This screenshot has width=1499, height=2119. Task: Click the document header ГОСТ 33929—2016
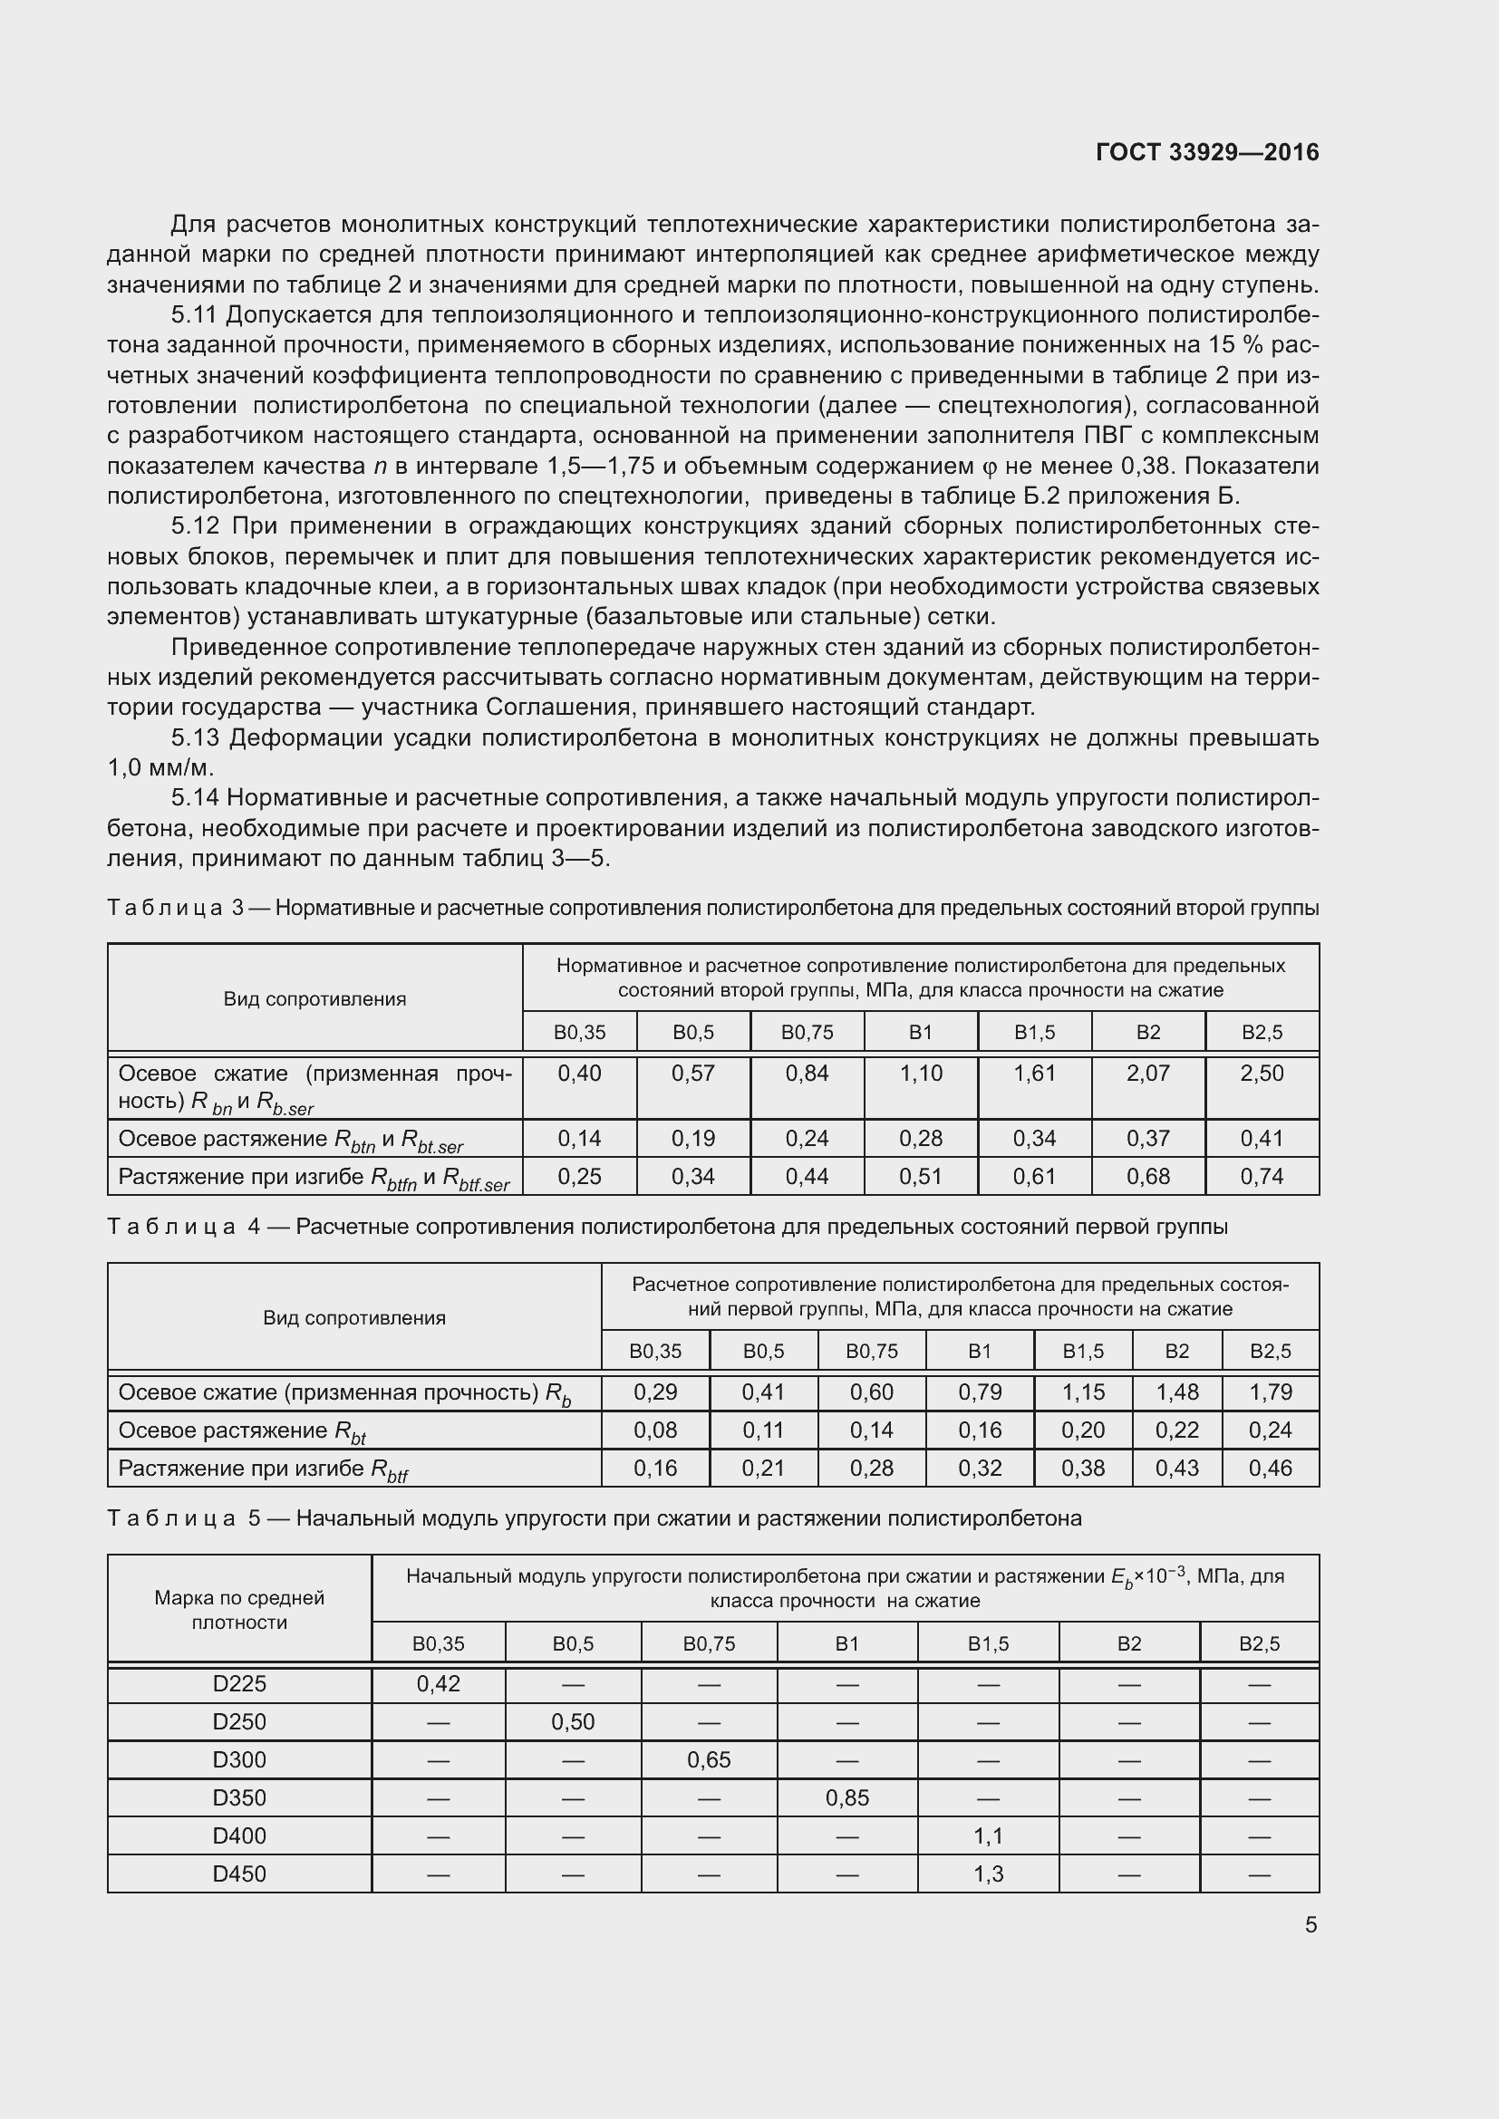(1206, 152)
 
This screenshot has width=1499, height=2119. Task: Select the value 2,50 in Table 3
(1261, 1074)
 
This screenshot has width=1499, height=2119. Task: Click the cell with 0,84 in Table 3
(807, 1074)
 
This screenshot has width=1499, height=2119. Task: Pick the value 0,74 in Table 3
(1261, 1177)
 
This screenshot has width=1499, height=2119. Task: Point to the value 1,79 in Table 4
(1270, 1392)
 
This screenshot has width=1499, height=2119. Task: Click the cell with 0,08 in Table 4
(655, 1430)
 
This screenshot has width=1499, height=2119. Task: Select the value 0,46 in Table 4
(1270, 1469)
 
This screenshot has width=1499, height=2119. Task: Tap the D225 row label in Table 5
(239, 1684)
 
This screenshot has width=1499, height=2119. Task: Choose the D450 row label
(239, 1874)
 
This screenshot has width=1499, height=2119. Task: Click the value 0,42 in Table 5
(439, 1684)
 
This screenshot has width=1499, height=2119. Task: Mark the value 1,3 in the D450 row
(988, 1874)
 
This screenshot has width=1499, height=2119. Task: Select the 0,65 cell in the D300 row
(709, 1760)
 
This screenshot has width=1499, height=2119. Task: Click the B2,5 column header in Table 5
(1259, 1643)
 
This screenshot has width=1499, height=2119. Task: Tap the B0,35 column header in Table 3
(580, 1033)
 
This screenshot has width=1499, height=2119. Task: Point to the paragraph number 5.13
(195, 738)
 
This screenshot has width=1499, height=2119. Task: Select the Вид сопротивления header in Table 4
(354, 1318)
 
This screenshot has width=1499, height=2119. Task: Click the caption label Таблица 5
(185, 1518)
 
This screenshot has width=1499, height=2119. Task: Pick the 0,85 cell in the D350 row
(847, 1797)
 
